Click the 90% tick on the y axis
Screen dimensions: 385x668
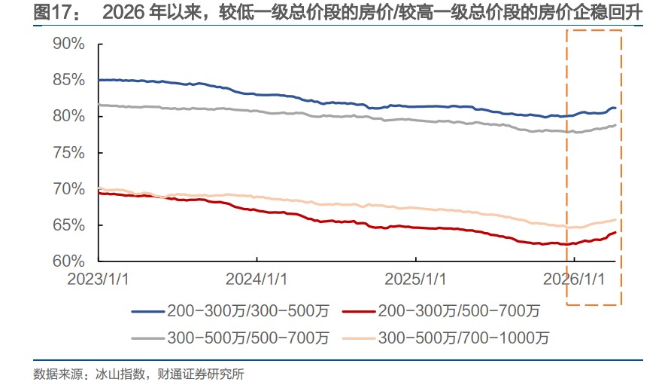tap(68, 44)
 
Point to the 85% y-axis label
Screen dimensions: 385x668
tap(68, 80)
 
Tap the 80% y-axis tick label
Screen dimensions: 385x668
tap(68, 116)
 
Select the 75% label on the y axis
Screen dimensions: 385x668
tap(68, 152)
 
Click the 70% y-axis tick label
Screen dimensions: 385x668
tap(68, 188)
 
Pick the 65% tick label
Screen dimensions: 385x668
tap(68, 225)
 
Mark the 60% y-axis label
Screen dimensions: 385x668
tap(68, 261)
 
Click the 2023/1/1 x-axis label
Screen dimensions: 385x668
tap(98, 279)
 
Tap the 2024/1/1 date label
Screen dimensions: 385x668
tap(257, 279)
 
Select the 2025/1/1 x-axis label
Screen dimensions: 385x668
tap(415, 279)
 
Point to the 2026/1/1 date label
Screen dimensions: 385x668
tap(574, 279)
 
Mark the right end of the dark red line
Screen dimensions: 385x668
tap(616, 232)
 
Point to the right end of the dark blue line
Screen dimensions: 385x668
tap(615, 108)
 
